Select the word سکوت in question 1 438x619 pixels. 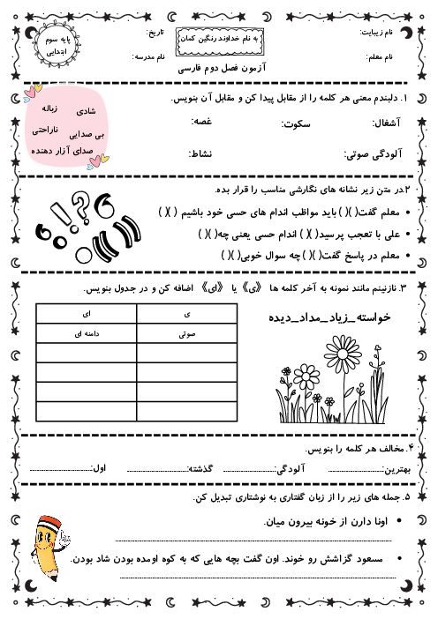pyautogui.click(x=296, y=125)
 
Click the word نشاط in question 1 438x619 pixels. pyautogui.click(x=200, y=153)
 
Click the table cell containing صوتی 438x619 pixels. pyautogui.click(x=186, y=335)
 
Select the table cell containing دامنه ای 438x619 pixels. pyautogui.click(x=87, y=335)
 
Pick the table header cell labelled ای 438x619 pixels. pyautogui.click(x=87, y=314)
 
